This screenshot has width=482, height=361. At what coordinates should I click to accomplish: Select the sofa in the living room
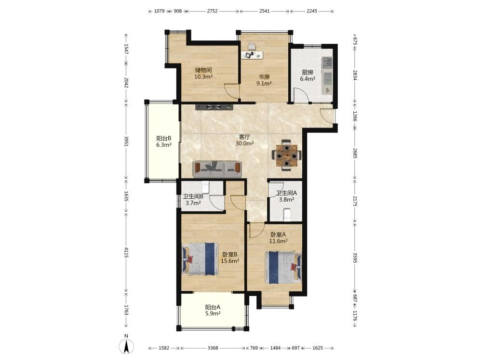218,169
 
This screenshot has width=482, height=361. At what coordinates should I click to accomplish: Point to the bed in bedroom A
283,267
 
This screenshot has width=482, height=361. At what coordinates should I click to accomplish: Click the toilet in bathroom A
287,215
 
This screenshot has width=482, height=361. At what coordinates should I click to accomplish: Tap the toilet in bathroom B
205,186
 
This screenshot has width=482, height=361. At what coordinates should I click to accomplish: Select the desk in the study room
253,55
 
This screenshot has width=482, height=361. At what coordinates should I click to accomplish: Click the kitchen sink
327,63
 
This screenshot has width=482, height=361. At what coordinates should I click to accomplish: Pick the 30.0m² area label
245,143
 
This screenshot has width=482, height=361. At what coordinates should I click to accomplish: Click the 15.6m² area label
230,261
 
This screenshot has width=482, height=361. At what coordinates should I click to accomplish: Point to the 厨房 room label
308,73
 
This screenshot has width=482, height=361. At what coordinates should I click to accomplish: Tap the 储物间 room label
203,70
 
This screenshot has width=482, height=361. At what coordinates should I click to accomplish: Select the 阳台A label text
213,307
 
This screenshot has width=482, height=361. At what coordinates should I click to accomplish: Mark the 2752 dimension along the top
212,11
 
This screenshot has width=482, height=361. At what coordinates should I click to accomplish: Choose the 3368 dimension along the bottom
213,348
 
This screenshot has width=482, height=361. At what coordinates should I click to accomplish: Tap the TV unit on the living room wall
214,107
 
